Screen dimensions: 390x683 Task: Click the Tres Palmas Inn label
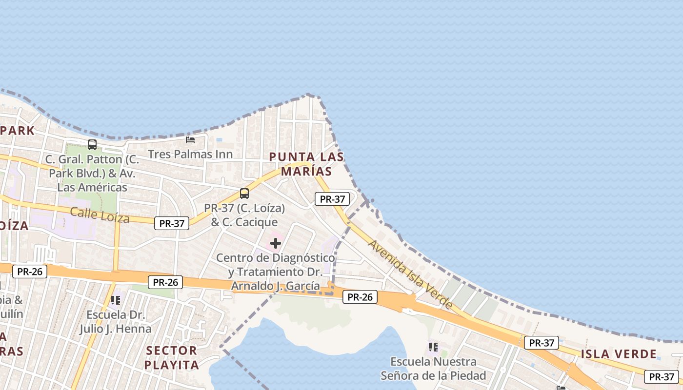coord(190,154)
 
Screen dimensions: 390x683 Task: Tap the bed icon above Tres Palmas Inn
coord(190,140)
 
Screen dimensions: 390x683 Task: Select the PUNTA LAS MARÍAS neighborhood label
coord(306,164)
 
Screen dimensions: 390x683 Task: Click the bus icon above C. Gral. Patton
coord(92,144)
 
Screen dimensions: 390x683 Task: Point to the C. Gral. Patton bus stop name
coord(92,173)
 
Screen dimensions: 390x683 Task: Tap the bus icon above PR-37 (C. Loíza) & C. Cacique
coord(244,194)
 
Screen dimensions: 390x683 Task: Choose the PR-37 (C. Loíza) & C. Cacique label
coord(244,215)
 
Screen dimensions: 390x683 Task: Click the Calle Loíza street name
coord(100,215)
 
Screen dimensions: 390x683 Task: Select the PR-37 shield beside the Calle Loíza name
coord(172,223)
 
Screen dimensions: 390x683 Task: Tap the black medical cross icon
coord(276,243)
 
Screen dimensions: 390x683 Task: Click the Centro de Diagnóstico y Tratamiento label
coord(276,272)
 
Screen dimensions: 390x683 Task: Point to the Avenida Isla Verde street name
coord(410,274)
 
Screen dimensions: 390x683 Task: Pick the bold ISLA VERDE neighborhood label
coord(618,354)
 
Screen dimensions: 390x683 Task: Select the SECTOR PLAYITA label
coord(172,357)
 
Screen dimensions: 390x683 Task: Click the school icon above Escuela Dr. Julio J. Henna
coord(116,300)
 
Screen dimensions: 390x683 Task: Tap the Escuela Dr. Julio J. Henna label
coord(116,322)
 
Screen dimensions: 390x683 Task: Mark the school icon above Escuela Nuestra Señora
coord(433,347)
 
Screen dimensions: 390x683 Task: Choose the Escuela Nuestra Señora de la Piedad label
coord(433,369)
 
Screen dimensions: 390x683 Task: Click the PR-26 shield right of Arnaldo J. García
coord(360,296)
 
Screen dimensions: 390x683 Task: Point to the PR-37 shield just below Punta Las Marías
coord(332,199)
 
